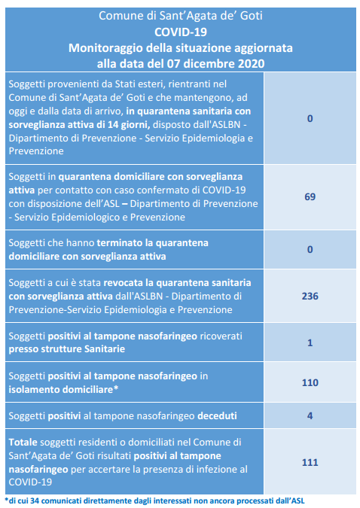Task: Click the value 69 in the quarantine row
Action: click(x=310, y=196)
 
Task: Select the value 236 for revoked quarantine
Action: click(x=310, y=296)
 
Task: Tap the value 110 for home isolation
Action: click(x=310, y=382)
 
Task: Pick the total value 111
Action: click(x=310, y=462)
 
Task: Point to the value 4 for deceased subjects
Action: click(x=310, y=415)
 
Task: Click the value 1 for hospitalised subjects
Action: click(x=310, y=342)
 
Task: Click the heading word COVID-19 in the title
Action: click(x=181, y=32)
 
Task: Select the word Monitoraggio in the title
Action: click(x=105, y=48)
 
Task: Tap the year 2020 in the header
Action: click(x=251, y=63)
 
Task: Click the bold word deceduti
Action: click(x=217, y=415)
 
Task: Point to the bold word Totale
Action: click(x=23, y=443)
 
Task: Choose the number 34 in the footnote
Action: click(x=35, y=501)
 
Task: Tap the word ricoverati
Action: click(x=221, y=336)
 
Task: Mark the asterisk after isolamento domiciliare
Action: click(x=115, y=388)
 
